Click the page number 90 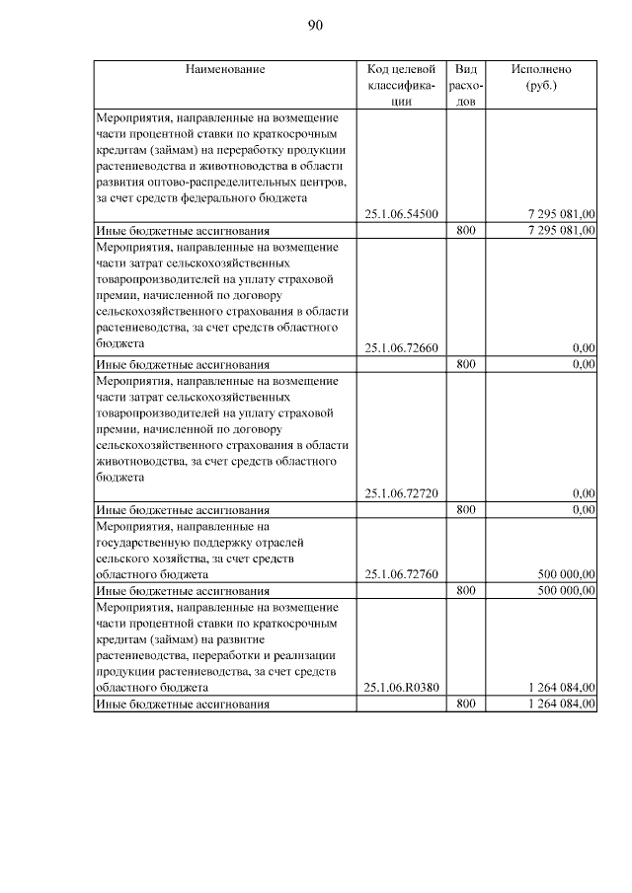click(316, 26)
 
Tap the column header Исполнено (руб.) click(540, 77)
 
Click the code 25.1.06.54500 click(402, 213)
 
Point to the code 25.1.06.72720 click(402, 493)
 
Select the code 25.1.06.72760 click(402, 573)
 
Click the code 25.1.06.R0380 click(401, 688)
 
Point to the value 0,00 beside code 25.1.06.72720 click(584, 493)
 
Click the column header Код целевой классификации click(401, 85)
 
